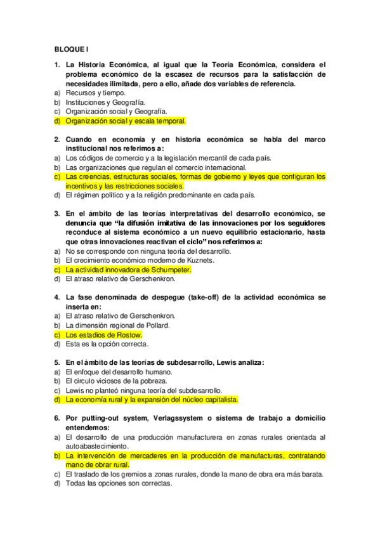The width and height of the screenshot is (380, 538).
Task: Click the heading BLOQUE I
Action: [72, 48]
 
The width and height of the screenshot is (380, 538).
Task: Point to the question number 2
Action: [56, 140]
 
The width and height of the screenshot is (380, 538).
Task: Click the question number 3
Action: [56, 214]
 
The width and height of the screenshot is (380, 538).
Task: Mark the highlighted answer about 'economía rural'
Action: [152, 400]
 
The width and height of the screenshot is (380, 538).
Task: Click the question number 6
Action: [56, 419]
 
